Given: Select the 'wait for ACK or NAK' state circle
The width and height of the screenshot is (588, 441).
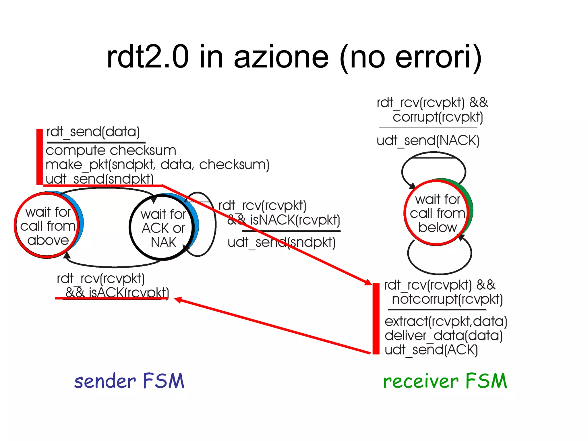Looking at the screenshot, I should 163,228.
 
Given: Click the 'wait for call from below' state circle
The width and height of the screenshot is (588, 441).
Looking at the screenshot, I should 437,213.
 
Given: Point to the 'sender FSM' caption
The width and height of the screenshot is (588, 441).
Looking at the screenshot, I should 129,381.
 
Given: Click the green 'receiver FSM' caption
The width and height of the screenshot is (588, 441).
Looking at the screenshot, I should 445,381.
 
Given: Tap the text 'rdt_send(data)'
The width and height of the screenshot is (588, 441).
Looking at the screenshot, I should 93,132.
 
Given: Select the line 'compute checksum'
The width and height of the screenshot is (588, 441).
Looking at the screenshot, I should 111,150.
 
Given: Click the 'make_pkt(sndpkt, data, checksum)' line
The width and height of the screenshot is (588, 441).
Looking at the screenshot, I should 157,165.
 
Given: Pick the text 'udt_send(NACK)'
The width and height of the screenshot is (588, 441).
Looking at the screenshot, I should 428,141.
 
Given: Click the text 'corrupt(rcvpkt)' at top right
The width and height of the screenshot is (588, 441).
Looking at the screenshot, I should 438,117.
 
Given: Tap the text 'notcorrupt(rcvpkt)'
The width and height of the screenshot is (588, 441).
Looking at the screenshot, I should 447,299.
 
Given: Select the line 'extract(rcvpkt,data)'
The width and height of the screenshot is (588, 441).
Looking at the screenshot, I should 446,321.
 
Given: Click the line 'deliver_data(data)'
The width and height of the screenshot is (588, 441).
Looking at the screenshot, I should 443,335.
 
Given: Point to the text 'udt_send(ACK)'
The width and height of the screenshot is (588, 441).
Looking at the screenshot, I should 431,350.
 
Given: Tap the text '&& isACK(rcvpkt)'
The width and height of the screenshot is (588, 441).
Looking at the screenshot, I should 117,293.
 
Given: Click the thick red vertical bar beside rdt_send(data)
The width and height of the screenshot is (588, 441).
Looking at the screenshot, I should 39,157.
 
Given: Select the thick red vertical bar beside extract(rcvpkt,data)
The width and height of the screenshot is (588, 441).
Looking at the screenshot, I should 376,319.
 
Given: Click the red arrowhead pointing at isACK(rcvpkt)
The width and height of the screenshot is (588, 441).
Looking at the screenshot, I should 178,300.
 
